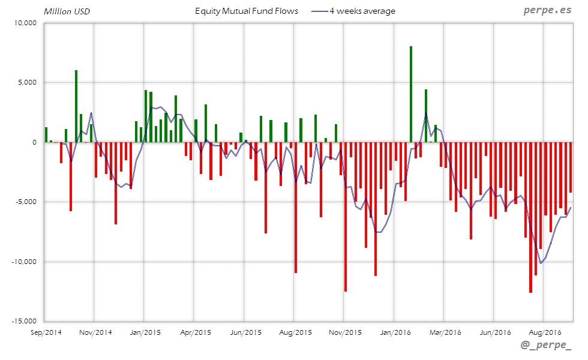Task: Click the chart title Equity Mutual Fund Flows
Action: (x=247, y=11)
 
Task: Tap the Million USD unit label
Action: (x=67, y=11)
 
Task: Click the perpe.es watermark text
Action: (x=547, y=11)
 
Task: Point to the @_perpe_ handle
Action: (x=547, y=345)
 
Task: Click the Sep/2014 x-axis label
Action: (x=46, y=331)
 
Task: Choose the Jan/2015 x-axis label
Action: (x=144, y=331)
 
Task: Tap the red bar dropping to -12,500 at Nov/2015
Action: (x=346, y=217)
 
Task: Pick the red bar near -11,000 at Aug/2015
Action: (x=296, y=207)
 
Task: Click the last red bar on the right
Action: (x=571, y=167)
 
